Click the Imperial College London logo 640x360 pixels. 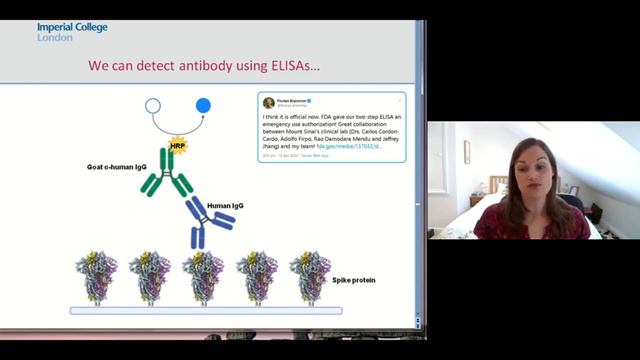(x=72, y=32)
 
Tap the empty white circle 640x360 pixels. (x=153, y=105)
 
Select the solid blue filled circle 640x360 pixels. (x=204, y=105)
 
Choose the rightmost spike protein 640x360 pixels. (x=309, y=277)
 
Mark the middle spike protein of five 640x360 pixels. (x=202, y=277)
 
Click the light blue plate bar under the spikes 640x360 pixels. (x=205, y=311)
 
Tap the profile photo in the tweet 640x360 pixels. (x=268, y=102)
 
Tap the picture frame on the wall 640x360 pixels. (x=466, y=151)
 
